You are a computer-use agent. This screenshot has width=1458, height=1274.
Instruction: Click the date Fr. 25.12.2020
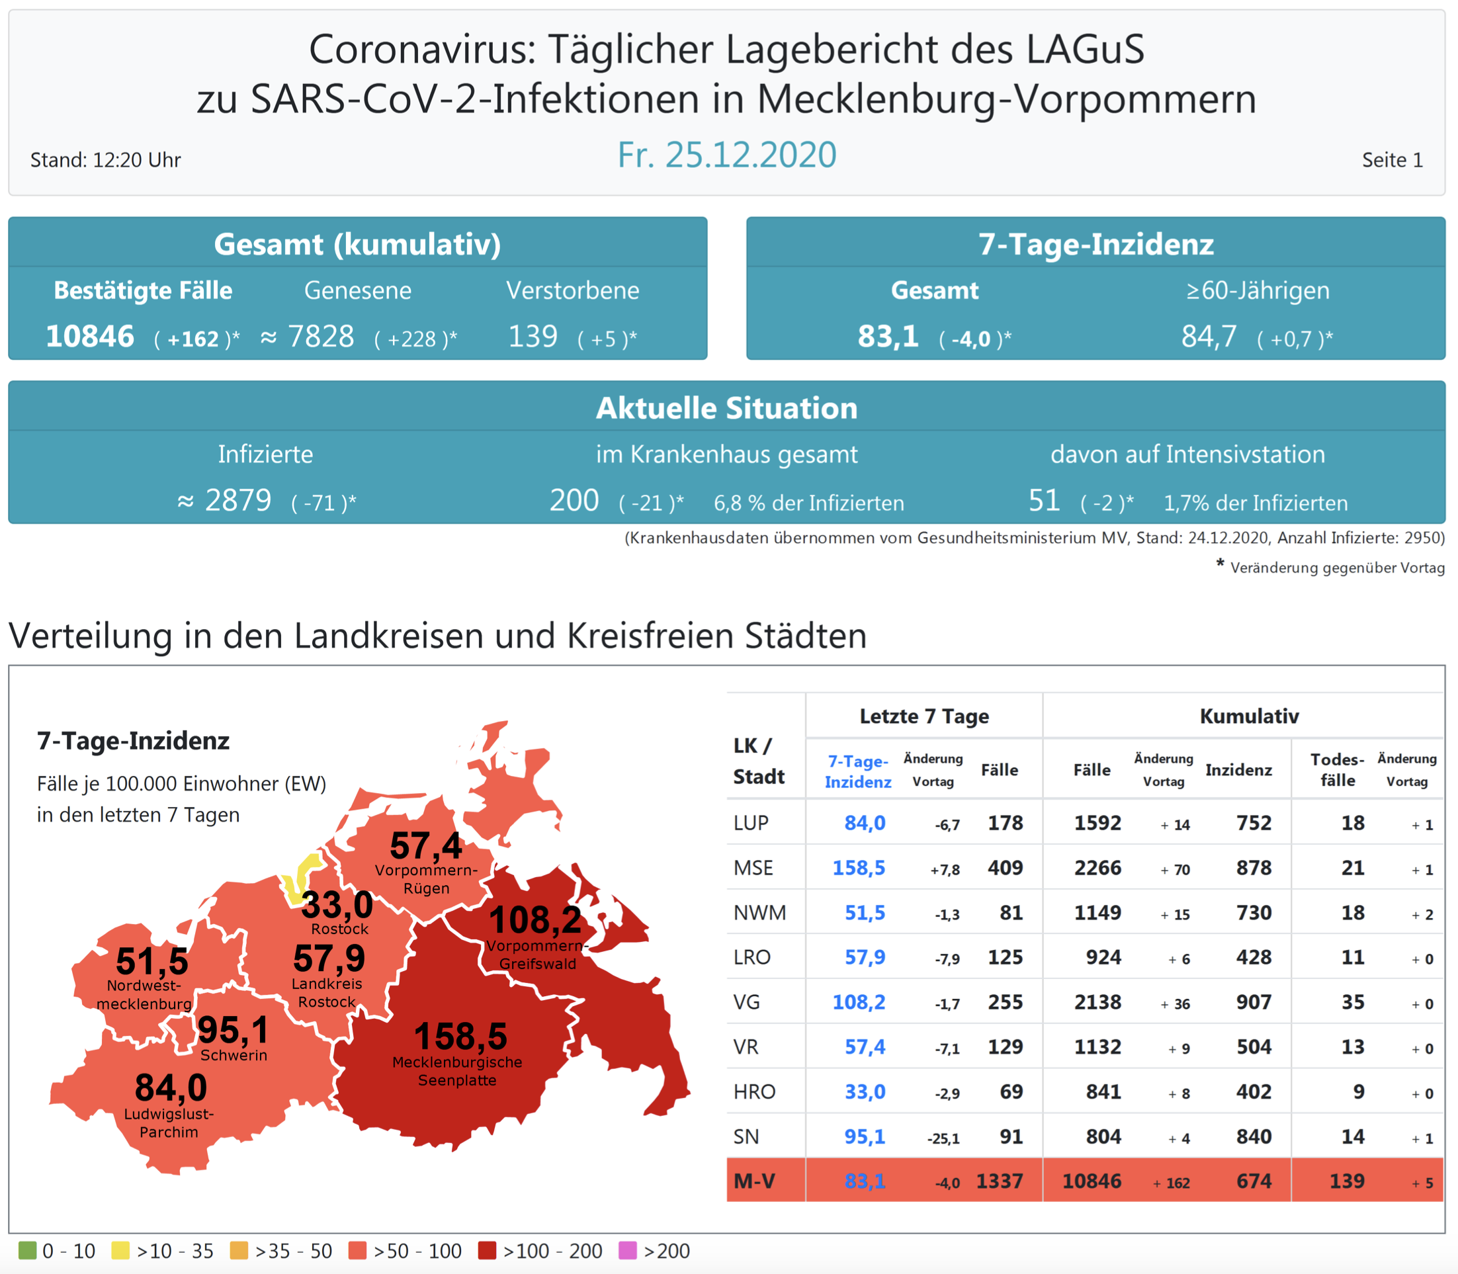coord(726,155)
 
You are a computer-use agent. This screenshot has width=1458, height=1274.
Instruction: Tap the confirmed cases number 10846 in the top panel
coord(90,336)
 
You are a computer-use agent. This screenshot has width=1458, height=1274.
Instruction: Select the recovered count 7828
coord(321,336)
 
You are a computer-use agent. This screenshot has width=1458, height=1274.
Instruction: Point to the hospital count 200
coord(574,501)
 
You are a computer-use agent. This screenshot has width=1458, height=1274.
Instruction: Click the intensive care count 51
coord(1044,501)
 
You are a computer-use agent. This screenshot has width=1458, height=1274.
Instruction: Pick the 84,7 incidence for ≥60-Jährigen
coord(1209,336)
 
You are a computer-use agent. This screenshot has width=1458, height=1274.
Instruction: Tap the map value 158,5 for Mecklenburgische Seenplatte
coord(460,1036)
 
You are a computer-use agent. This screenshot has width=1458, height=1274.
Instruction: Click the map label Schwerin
coord(234,1055)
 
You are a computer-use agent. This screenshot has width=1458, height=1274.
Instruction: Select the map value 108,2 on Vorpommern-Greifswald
coord(535,920)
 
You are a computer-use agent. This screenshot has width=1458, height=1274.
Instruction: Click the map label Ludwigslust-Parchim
coord(169,1123)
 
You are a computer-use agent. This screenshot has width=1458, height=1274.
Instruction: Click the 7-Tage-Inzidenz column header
coord(858,771)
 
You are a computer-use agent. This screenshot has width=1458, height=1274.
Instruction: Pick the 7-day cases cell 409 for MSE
coord(1004,867)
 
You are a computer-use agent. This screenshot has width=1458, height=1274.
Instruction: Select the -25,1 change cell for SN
coord(943,1138)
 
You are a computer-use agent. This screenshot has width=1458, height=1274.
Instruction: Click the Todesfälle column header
coord(1337,770)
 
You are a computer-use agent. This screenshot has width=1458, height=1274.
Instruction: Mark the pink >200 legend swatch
coord(628,1251)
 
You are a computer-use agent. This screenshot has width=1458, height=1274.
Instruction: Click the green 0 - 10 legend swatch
coord(27,1251)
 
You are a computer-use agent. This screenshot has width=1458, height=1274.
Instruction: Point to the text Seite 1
coord(1392,160)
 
